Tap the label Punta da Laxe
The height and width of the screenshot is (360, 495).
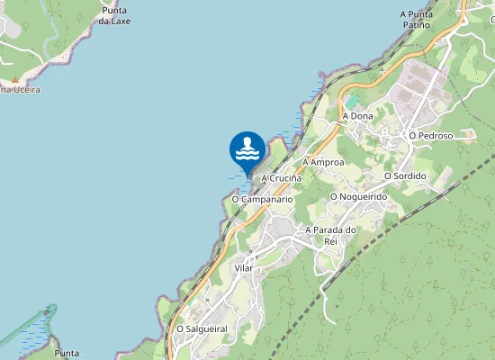click(114, 15)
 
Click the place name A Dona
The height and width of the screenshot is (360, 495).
click(357, 116)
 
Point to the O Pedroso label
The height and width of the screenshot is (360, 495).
click(428, 135)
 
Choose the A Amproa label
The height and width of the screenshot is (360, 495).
click(324, 162)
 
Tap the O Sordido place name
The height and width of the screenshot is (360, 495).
click(404, 175)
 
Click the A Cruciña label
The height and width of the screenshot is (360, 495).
click(281, 179)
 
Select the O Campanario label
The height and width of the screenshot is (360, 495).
click(262, 198)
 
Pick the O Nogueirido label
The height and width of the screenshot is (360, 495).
click(358, 195)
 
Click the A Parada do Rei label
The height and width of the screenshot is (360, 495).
click(332, 235)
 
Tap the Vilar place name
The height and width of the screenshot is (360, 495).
click(244, 268)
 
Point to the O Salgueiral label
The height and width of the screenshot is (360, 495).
click(201, 329)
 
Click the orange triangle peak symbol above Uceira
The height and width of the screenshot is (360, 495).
click(15, 79)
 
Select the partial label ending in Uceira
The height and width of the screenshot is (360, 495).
click(20, 90)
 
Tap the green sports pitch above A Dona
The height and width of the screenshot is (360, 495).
click(353, 98)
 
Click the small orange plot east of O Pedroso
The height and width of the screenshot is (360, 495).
click(468, 135)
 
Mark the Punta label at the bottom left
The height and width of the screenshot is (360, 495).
click(67, 353)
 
